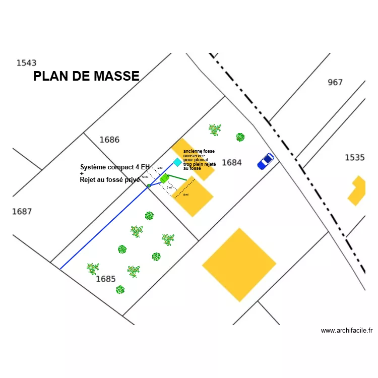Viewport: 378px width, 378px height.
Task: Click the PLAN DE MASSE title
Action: coord(86,76)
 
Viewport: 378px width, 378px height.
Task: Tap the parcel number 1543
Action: coord(26,63)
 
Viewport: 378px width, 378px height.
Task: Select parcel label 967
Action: coord(335,82)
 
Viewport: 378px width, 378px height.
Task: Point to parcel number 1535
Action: coord(354,158)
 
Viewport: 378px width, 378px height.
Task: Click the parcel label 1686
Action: coord(109,140)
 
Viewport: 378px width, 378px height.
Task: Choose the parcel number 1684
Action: coord(232,162)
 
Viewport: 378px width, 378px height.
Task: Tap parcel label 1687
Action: coord(22,211)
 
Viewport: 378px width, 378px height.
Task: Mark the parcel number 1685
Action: coord(106,279)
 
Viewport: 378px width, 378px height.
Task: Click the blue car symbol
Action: coord(265,161)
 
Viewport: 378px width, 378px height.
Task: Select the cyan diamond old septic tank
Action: coord(177,162)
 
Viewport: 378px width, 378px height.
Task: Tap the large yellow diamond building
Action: coord(239,265)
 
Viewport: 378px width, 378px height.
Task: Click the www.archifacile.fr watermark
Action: coord(346,331)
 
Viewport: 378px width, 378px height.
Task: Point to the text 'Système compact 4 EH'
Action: coord(115,167)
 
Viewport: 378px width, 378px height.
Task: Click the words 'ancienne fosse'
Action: coord(199,151)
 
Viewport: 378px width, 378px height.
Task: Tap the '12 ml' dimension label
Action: coord(145,177)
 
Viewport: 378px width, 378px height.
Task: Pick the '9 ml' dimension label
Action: coord(186,195)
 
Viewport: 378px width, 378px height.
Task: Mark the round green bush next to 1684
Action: coord(240,137)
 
